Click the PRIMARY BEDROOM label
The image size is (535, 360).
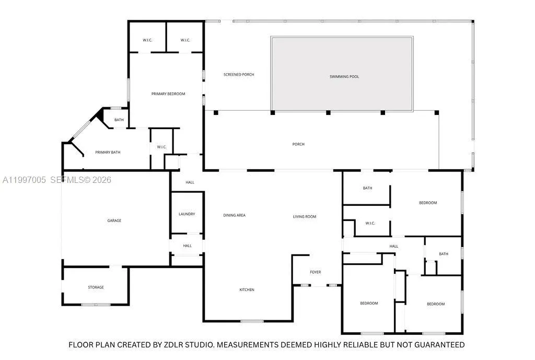point(168,94)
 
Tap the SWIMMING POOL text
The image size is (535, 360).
point(344,77)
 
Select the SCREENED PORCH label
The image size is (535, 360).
point(239,75)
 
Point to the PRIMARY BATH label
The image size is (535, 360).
point(108,153)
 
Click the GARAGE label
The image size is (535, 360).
point(114,221)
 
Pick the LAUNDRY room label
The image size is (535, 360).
point(187,214)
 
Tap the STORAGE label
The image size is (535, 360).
point(96,287)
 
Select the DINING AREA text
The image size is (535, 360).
point(234,215)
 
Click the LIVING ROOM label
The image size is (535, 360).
point(304,217)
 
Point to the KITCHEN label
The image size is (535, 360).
point(247,290)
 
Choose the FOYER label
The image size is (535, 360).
point(315,272)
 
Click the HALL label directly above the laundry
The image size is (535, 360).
point(190,182)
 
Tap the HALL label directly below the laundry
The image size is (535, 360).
point(187,246)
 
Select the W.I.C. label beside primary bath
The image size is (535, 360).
point(161,147)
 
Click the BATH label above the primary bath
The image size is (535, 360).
point(119,120)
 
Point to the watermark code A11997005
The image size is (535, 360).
point(24,180)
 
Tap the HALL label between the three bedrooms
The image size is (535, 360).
point(393,247)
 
